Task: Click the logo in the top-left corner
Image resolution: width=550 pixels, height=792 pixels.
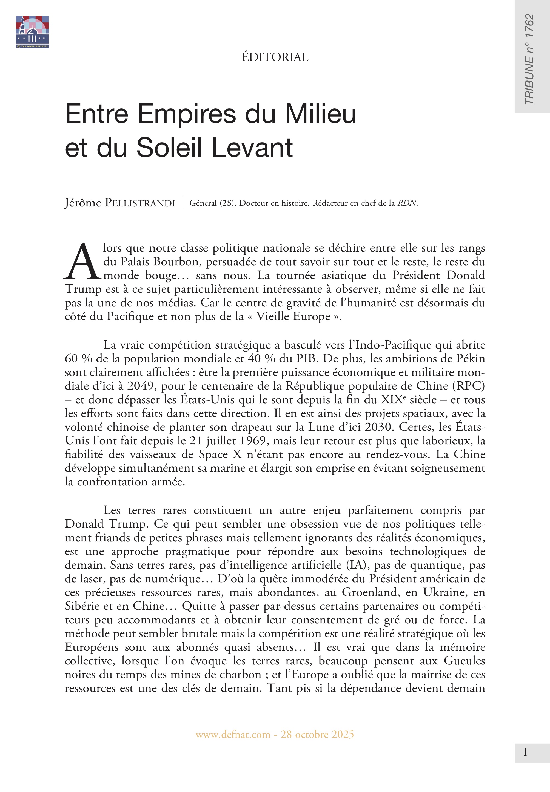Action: pos(32,32)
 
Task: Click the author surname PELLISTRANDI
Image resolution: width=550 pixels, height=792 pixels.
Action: pos(140,203)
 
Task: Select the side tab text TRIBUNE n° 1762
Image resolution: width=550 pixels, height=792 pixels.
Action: pos(529,59)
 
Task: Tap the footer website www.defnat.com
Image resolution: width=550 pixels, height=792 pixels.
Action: pos(233,735)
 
